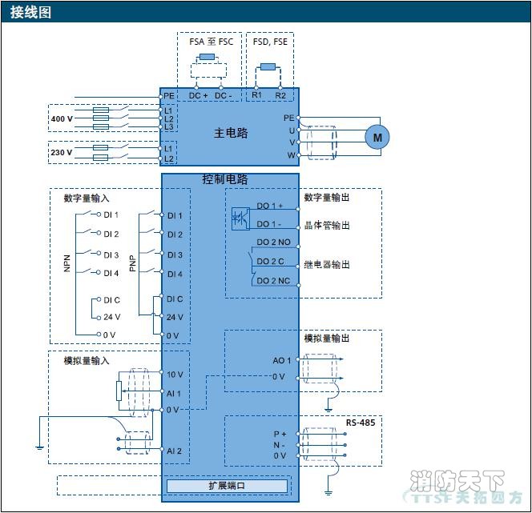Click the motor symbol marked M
point(377,137)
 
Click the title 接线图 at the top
point(31,12)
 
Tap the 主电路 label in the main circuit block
point(231,132)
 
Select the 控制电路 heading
point(225,180)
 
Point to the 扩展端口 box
point(227,486)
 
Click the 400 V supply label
point(62,119)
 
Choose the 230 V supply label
point(62,152)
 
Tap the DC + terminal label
point(198,95)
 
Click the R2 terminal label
point(280,95)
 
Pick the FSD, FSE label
point(270,42)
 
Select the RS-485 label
point(360,422)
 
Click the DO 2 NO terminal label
point(274,242)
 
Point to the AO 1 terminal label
point(282,361)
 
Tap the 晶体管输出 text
point(327,225)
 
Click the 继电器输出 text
point(327,264)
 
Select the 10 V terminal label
point(175,375)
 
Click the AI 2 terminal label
point(174,451)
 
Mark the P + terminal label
point(280,434)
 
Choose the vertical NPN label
point(67,263)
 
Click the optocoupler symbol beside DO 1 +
point(240,216)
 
